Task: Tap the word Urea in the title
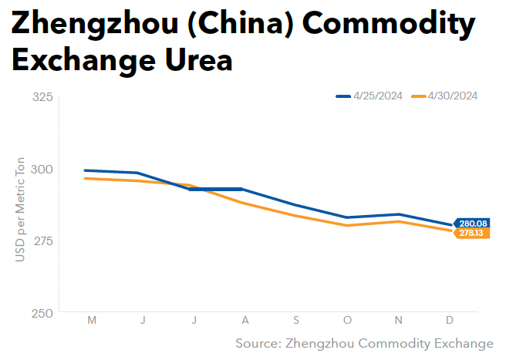[199, 60]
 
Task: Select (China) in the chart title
[241, 24]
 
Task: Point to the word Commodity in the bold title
[389, 24]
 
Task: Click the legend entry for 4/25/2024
[369, 96]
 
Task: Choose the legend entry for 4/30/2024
[444, 96]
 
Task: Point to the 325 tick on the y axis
[42, 97]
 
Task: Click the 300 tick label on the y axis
[42, 169]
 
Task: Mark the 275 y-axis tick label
[43, 241]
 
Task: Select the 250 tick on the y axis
[42, 313]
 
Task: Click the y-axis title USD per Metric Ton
[20, 210]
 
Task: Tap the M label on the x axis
[92, 320]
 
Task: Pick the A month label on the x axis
[245, 320]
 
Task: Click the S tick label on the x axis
[296, 320]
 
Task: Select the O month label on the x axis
[347, 320]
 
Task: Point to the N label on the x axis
[399, 320]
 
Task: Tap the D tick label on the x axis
[450, 320]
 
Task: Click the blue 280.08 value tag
[472, 224]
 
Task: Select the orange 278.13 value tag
[472, 233]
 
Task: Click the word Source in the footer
[258, 343]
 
